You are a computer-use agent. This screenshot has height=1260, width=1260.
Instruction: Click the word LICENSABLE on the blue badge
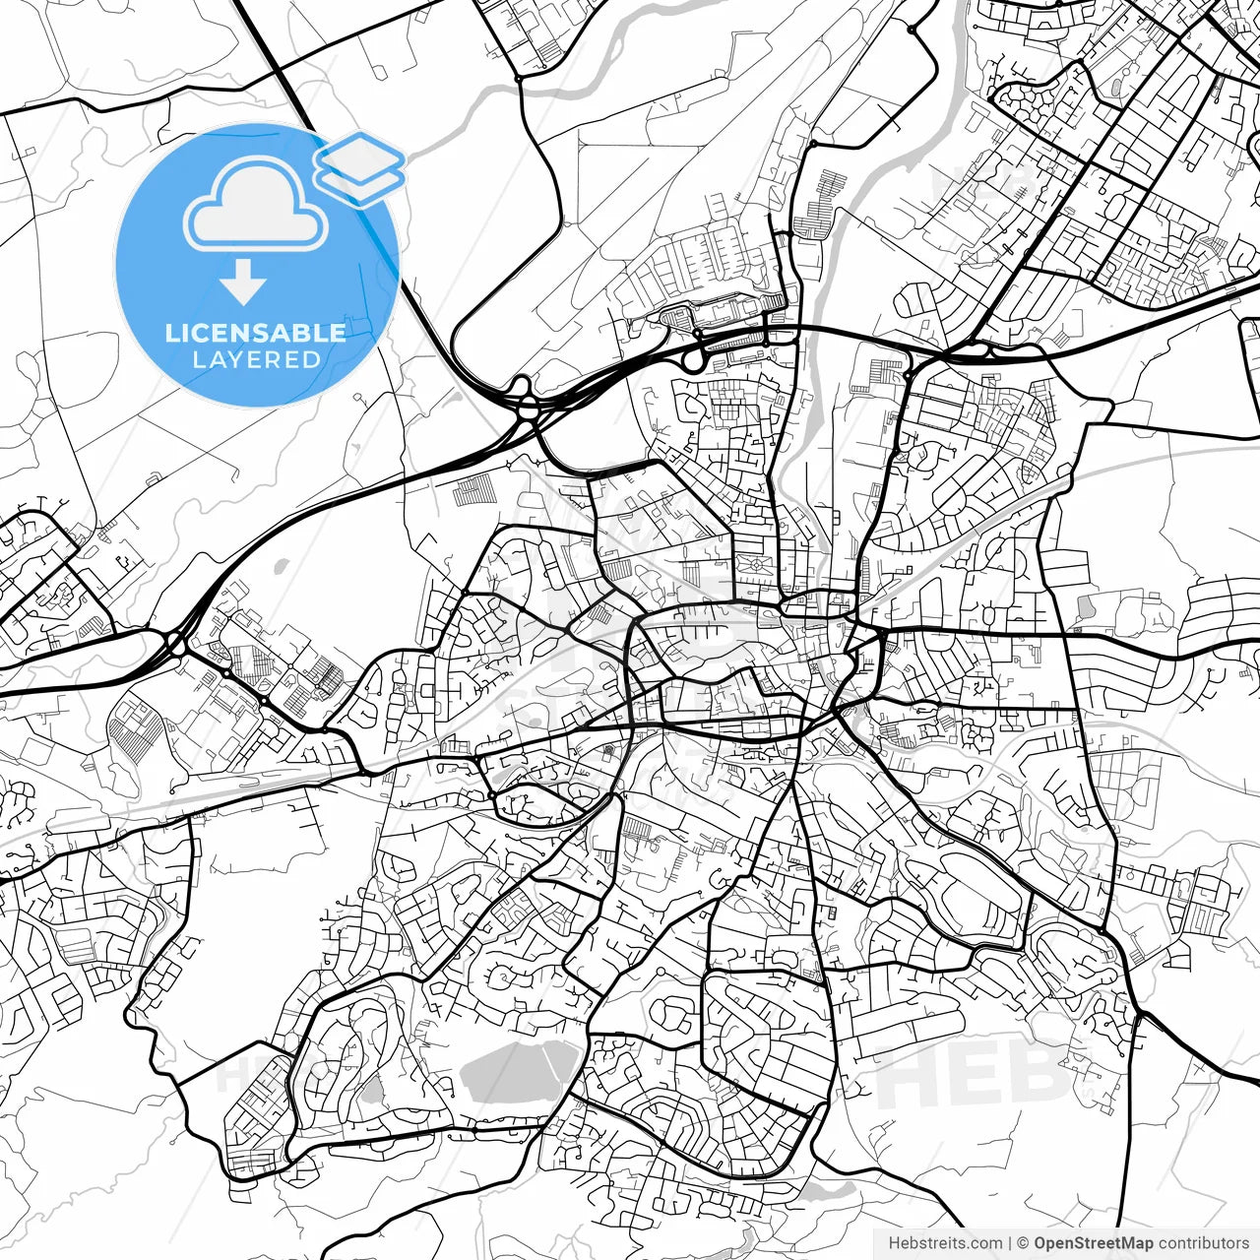pyautogui.click(x=256, y=333)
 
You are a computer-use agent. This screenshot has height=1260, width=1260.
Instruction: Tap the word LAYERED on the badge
pyautogui.click(x=256, y=359)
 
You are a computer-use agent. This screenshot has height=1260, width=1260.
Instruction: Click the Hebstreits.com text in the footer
pyautogui.click(x=945, y=1243)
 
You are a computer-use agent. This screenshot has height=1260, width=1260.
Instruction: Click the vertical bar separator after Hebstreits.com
pyautogui.click(x=1011, y=1243)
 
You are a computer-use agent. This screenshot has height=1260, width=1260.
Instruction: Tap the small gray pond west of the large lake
pyautogui.click(x=371, y=1089)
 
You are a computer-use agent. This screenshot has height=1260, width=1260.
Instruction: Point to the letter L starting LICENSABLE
pyautogui.click(x=171, y=333)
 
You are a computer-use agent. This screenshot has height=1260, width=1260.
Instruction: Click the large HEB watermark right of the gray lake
pyautogui.click(x=975, y=1073)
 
